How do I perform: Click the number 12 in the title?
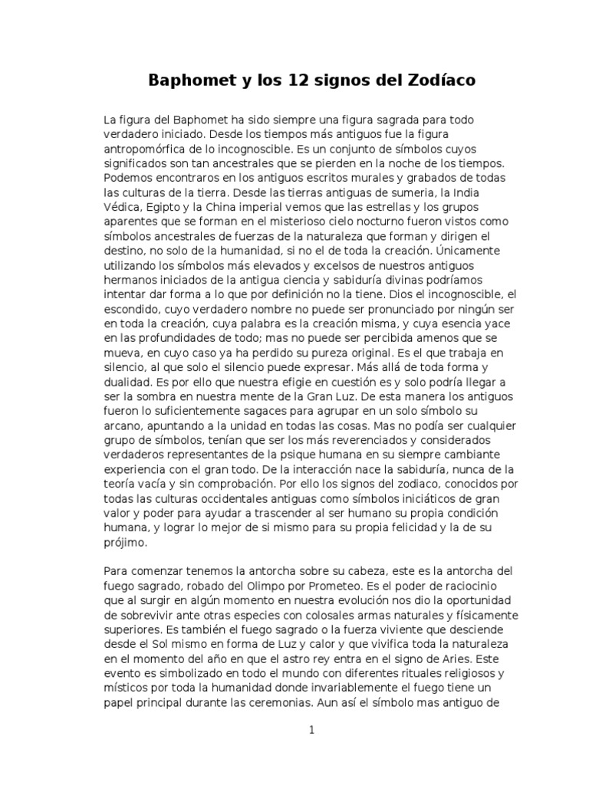pyautogui.click(x=285, y=80)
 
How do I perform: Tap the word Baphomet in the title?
pyautogui.click(x=187, y=80)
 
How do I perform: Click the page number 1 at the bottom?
pyautogui.click(x=311, y=731)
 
